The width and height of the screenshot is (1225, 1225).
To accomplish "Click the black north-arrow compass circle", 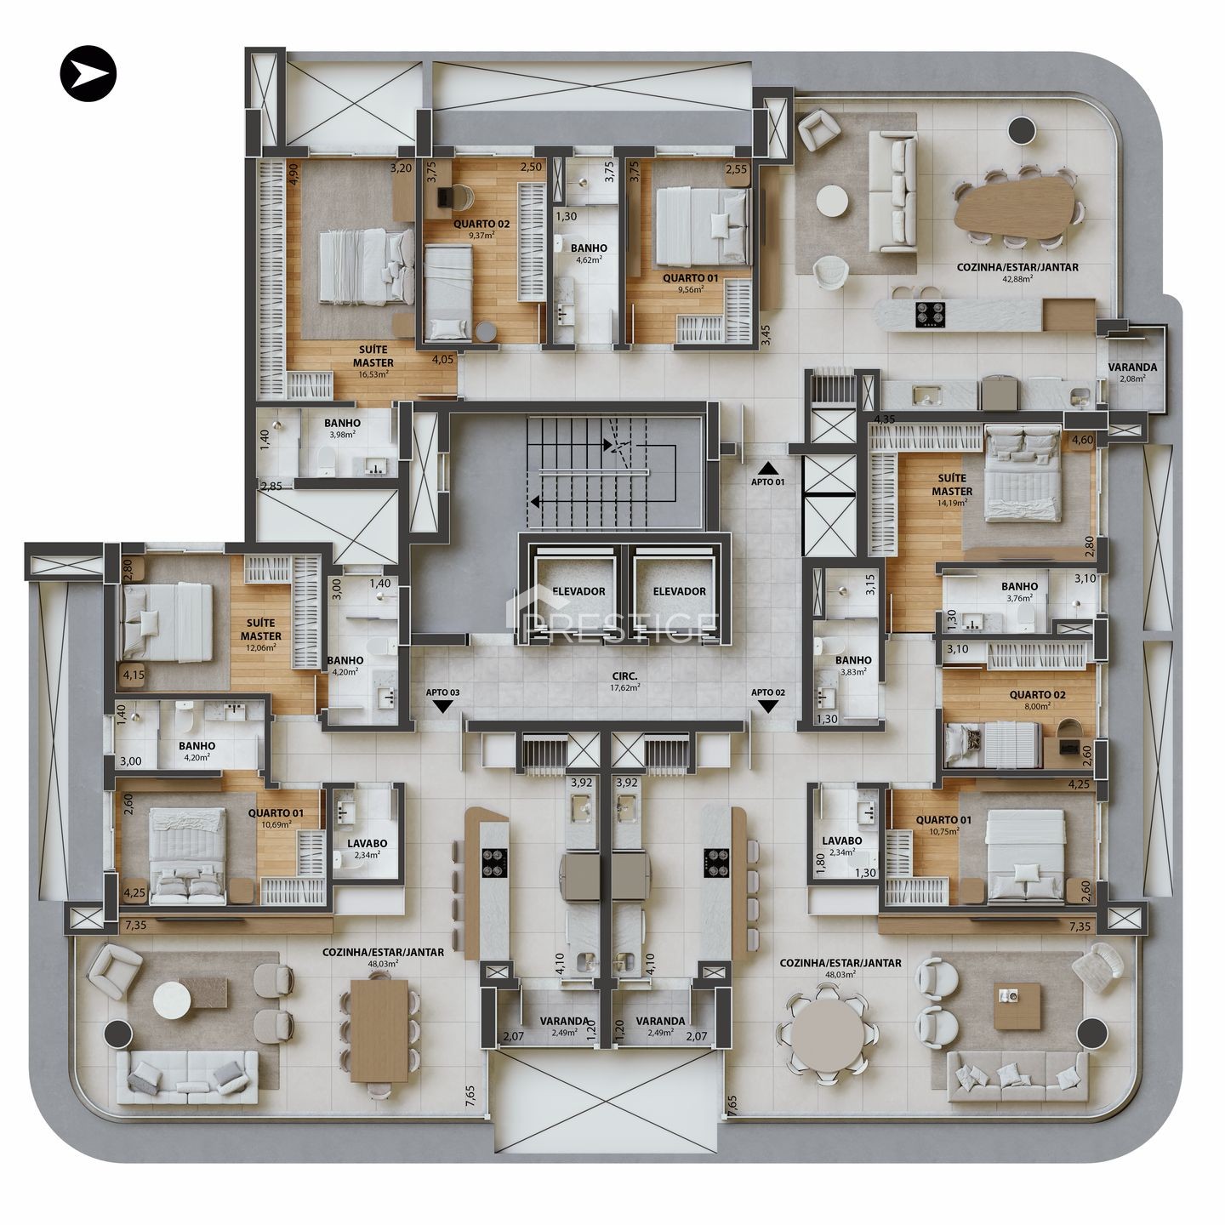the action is (x=88, y=73).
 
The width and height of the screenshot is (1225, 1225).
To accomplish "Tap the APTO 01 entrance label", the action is (x=767, y=481).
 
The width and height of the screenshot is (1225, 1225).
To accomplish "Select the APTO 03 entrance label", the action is (x=442, y=692).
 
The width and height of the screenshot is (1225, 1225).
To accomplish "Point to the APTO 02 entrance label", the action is (x=768, y=692).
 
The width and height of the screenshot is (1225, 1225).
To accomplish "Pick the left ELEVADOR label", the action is (x=579, y=591).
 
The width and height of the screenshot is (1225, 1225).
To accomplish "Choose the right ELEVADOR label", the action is (x=680, y=591).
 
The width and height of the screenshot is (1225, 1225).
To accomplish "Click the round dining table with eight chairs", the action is (x=829, y=1035).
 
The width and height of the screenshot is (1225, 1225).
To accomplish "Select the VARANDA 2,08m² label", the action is (x=1132, y=373).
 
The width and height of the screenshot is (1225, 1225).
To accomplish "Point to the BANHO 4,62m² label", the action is (x=589, y=253).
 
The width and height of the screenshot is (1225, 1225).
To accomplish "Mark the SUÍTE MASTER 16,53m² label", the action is (x=373, y=362).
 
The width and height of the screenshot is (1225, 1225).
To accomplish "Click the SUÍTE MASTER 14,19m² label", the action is (x=952, y=490).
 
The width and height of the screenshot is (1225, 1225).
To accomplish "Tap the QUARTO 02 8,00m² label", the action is (x=1038, y=700).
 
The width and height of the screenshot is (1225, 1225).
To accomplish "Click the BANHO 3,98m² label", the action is (x=342, y=429).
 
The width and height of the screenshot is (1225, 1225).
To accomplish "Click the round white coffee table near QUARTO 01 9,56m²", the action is (x=832, y=202).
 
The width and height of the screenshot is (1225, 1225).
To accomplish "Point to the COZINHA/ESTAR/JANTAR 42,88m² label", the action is (x=1017, y=273).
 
